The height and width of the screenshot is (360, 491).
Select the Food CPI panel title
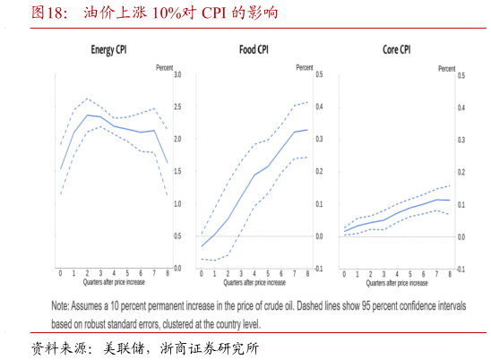254,50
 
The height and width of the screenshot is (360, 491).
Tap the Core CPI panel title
391,50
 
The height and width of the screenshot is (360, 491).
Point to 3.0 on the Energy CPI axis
177,75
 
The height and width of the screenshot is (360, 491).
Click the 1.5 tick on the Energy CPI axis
177,172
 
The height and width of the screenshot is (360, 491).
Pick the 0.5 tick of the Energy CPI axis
177,236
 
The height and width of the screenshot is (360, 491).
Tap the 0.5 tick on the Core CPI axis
461,75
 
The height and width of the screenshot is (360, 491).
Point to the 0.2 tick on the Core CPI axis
461,172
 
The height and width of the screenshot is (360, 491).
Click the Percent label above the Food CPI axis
305,67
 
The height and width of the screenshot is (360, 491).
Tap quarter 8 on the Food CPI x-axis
307,272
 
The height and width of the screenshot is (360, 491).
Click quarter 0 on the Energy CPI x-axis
61,272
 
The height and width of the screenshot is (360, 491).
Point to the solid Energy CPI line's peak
88,115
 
